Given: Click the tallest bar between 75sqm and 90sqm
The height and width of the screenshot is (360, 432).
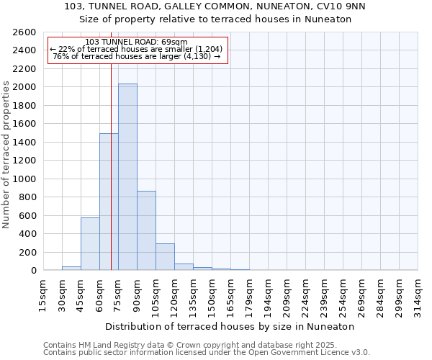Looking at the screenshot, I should (127, 176).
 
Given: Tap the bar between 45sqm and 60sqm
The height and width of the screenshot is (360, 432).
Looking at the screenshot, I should (90, 243).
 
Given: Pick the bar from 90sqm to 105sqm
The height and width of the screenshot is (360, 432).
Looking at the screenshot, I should (146, 230).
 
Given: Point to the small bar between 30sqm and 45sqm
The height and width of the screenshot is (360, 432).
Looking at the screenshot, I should (71, 268).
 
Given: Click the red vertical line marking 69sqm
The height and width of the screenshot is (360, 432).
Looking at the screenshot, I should (111, 166).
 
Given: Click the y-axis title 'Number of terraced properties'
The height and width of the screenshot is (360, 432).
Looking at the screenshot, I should (7, 155).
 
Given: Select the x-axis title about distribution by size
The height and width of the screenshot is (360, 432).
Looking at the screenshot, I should (230, 326).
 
